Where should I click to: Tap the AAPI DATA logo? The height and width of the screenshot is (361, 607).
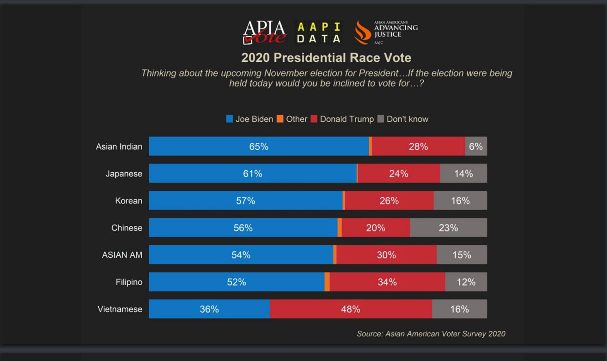click(319, 33)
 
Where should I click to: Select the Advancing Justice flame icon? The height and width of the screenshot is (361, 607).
click(362, 33)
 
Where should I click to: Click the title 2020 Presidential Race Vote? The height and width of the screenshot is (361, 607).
click(326, 58)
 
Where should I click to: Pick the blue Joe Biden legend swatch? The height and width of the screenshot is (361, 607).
click(230, 119)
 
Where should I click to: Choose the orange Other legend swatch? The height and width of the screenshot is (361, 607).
click(280, 119)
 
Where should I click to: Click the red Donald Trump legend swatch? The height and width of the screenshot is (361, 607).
click(314, 119)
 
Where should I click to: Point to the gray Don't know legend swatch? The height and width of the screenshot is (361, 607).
click(381, 119)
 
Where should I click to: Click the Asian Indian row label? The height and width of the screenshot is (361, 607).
click(119, 147)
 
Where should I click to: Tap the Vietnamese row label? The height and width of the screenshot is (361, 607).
click(120, 309)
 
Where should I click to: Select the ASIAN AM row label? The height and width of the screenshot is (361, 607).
click(122, 255)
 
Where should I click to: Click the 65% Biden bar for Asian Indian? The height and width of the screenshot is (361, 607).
click(259, 146)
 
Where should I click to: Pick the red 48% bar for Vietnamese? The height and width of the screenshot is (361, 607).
click(351, 309)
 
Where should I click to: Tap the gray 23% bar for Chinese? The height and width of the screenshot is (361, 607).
click(448, 228)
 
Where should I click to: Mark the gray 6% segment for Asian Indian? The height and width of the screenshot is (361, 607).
click(476, 146)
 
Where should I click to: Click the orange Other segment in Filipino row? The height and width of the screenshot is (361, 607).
click(327, 282)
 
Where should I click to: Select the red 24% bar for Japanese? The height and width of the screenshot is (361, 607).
click(399, 174)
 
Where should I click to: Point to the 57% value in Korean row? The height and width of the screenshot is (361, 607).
click(246, 201)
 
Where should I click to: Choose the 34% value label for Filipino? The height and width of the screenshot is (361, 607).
click(387, 282)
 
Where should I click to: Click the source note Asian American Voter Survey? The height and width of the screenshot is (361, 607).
click(431, 334)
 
